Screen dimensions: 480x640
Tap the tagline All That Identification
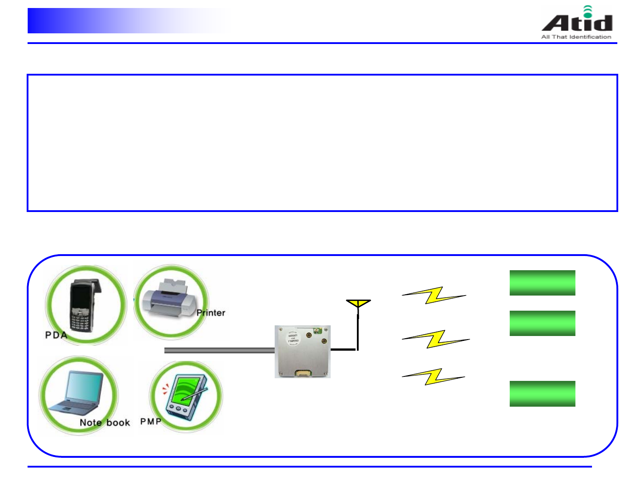[576, 37]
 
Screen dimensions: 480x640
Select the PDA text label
[56, 335]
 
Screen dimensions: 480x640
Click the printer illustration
[168, 300]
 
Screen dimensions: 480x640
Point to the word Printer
[211, 313]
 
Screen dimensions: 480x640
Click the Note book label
[105, 423]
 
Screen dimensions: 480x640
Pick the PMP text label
[151, 421]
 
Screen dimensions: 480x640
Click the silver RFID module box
[302, 352]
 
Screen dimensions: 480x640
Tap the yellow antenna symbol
[358, 304]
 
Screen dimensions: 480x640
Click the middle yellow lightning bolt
[436, 339]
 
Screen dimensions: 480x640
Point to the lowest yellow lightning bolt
[433, 376]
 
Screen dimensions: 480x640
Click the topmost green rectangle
[542, 283]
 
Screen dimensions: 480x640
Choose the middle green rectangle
[542, 323]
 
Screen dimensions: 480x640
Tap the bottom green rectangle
[542, 393]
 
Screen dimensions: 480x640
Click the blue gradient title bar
[129, 21]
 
